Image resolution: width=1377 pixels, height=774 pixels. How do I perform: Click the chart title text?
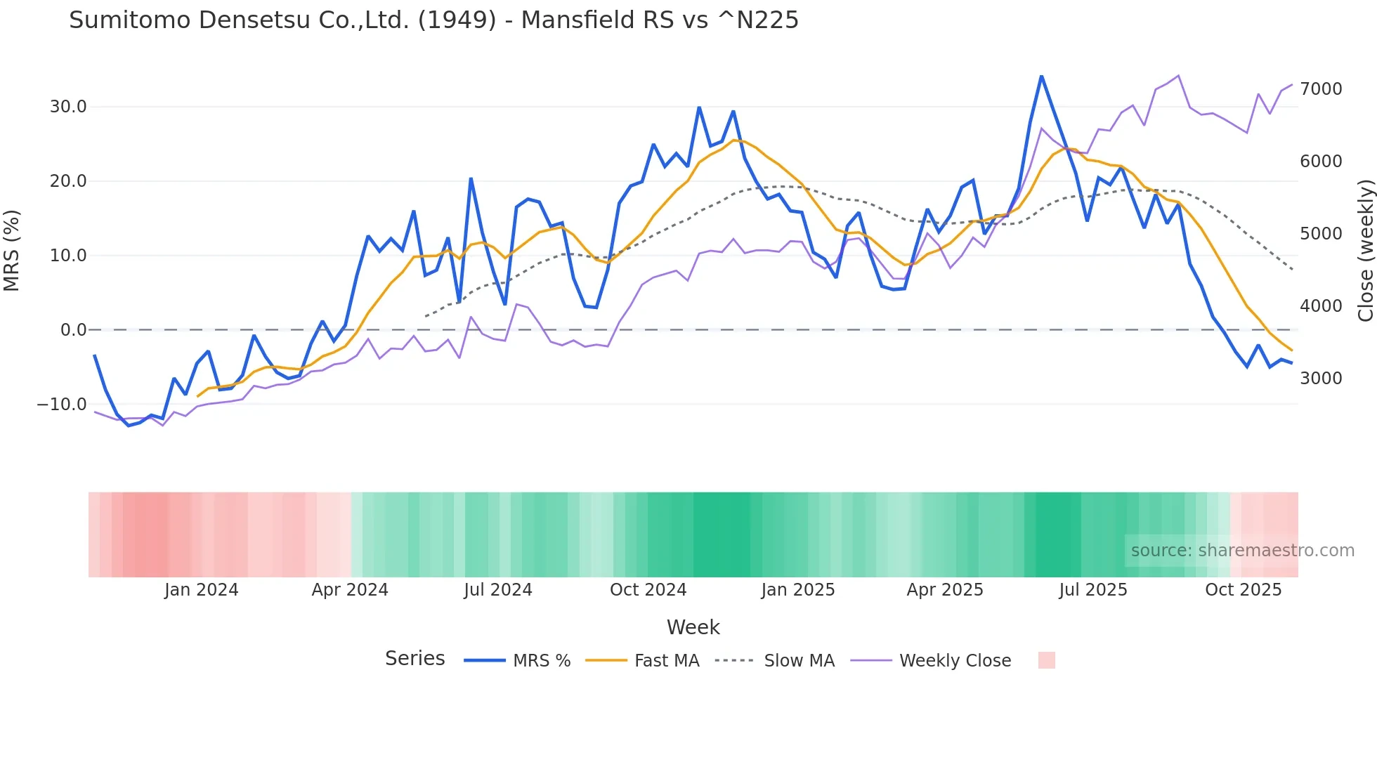pos(433,20)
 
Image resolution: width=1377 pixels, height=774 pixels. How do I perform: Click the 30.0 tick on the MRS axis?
pos(68,107)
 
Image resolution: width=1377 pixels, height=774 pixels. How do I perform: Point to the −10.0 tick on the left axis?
pos(62,405)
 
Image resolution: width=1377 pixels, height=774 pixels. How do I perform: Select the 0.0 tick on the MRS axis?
pos(73,330)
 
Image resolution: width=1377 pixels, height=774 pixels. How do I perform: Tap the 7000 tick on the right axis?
pos(1321,89)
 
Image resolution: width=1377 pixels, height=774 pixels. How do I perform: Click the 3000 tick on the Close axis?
pos(1321,379)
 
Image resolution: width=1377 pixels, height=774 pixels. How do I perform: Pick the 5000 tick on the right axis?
pos(1321,234)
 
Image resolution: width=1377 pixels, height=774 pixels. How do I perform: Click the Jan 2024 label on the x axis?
pos(202,590)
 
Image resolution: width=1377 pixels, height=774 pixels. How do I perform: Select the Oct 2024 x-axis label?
pos(648,590)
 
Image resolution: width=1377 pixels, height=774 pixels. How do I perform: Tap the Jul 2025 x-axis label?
pos(1093,590)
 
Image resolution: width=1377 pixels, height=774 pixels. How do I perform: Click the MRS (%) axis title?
pos(12,250)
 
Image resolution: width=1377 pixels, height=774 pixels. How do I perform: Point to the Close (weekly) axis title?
pos(1365,250)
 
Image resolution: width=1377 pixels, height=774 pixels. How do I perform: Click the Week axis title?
pos(693,627)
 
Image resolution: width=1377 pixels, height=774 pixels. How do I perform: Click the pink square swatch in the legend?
pos(1047,660)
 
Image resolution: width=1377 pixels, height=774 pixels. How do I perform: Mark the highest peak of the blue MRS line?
pos(1041,76)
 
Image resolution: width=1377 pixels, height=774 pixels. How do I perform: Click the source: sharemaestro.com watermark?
pos(1242,551)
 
